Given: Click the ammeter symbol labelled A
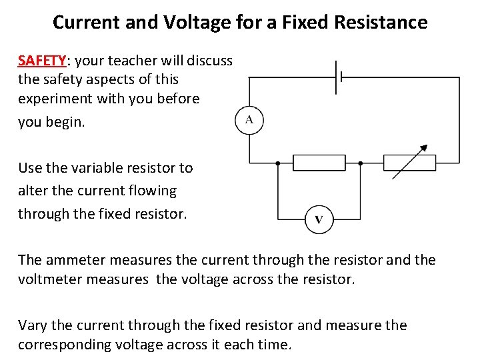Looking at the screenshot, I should click(249, 121).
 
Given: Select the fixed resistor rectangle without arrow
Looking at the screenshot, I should click(319, 163).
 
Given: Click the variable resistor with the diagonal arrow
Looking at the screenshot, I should click(409, 163).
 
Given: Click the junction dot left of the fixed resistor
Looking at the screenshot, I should click(279, 163).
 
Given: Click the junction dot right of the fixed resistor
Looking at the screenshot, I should click(360, 163).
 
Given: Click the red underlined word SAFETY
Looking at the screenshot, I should click(41, 61).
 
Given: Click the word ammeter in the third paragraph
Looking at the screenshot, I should click(76, 260).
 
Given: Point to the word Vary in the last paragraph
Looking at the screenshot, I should click(32, 325).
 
